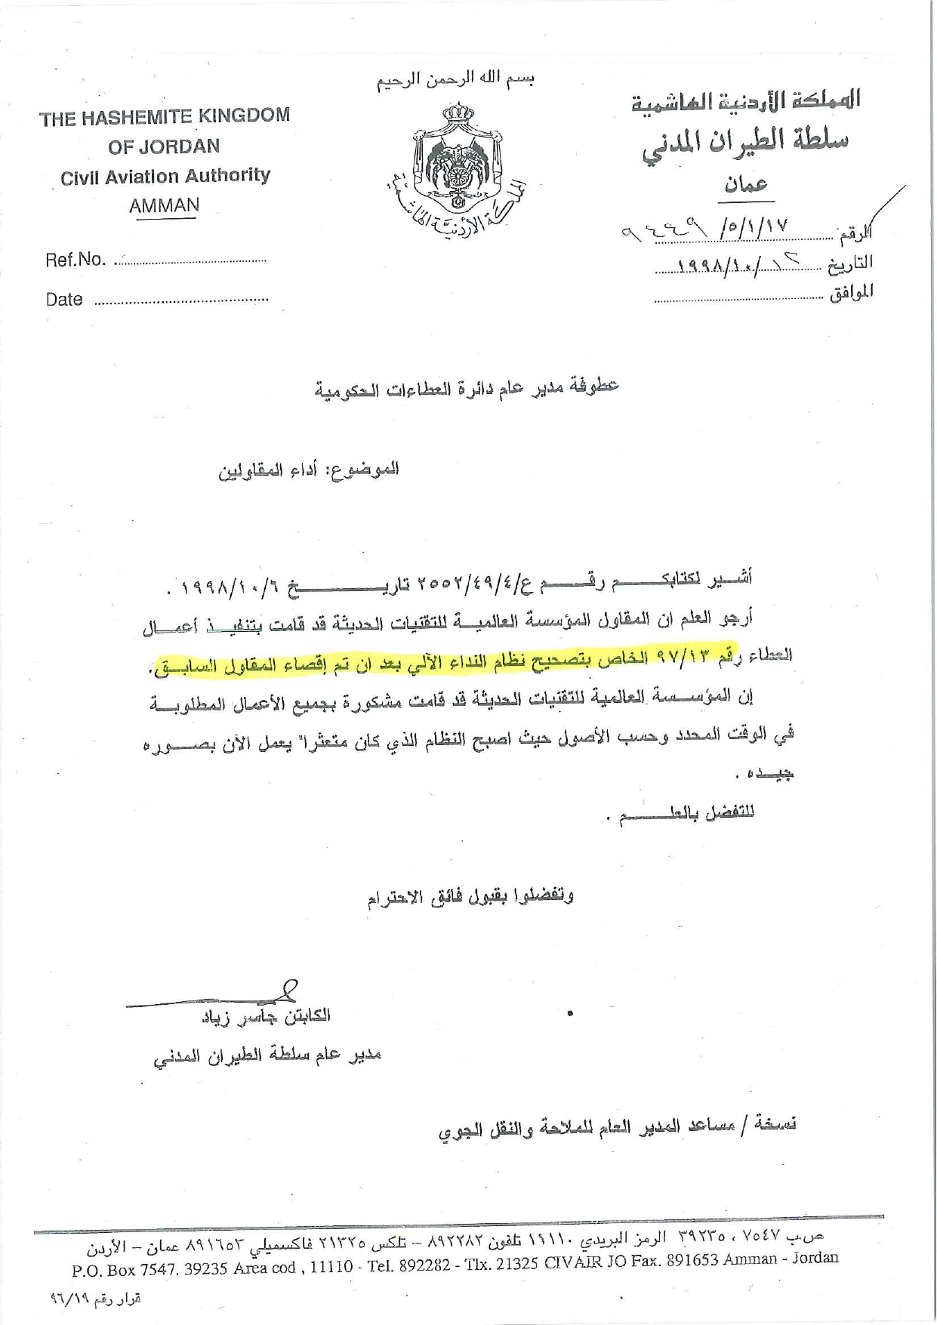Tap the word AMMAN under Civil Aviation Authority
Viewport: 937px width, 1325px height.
tap(164, 206)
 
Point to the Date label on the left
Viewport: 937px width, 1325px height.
tap(64, 300)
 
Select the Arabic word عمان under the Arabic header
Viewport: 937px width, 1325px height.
tap(745, 183)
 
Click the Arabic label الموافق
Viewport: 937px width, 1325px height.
tap(851, 292)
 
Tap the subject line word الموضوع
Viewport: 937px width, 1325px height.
tap(371, 469)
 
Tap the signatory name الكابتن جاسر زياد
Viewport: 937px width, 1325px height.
tap(266, 1016)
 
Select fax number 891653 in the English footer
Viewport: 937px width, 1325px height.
tap(692, 1260)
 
